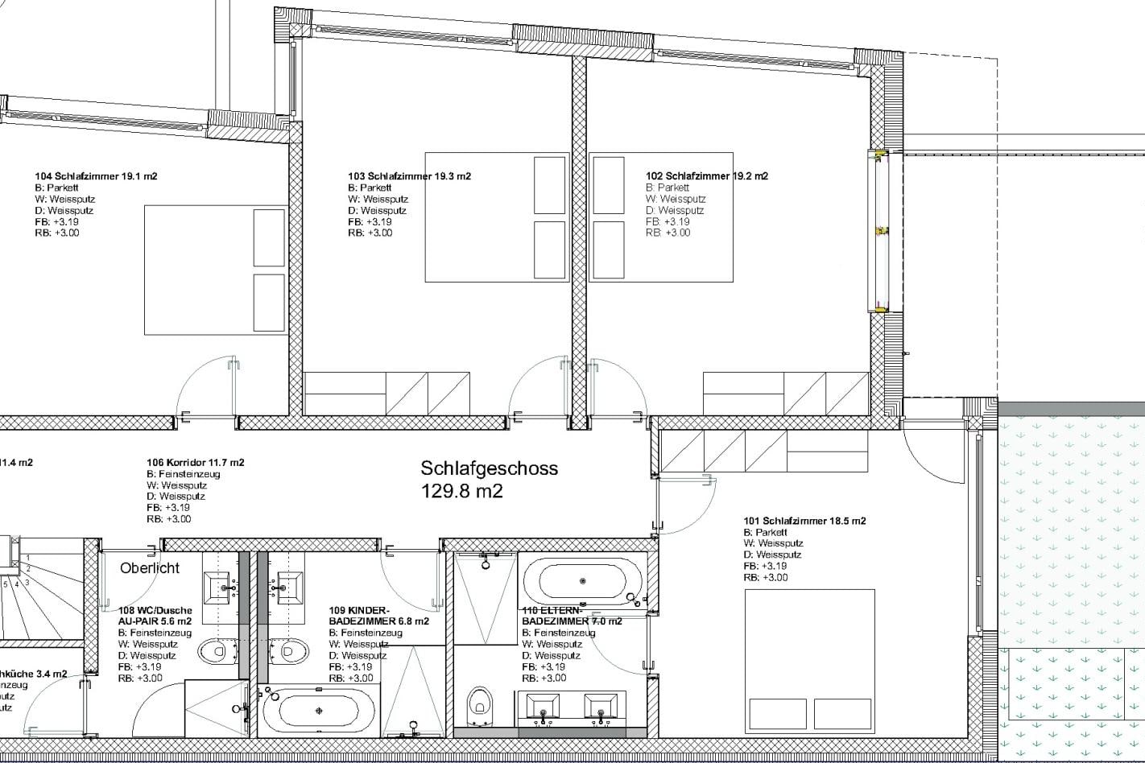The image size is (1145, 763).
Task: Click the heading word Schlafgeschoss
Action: [489, 468]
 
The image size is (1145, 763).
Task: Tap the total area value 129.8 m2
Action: [461, 491]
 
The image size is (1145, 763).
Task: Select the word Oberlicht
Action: [150, 568]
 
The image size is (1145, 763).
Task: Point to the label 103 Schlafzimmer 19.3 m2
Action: [409, 176]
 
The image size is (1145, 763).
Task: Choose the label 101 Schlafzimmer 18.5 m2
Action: [804, 521]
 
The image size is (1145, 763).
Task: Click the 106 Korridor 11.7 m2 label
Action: [195, 463]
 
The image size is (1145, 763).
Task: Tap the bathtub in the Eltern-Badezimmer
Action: [582, 580]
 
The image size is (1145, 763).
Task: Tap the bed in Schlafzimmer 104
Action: [216, 269]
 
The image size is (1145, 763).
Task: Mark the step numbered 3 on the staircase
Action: [27, 582]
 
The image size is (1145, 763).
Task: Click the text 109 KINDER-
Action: [359, 610]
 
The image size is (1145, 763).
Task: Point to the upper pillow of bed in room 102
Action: [609, 185]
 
